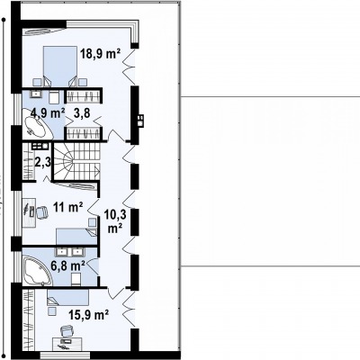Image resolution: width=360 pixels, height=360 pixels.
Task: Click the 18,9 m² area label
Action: click(x=100, y=54)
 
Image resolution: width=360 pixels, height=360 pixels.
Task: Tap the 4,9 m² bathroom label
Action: click(x=47, y=113)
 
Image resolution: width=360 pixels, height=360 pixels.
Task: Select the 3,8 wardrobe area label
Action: click(x=82, y=113)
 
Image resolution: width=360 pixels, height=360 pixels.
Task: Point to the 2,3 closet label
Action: click(x=43, y=162)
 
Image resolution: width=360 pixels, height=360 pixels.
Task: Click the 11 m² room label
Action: click(x=67, y=207)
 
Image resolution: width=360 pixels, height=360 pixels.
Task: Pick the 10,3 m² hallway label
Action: click(x=115, y=221)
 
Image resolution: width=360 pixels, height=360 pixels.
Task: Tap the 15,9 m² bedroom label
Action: click(x=88, y=315)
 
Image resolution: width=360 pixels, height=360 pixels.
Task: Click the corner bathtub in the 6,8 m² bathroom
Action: click(x=37, y=271)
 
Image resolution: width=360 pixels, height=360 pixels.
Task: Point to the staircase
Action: click(x=76, y=161)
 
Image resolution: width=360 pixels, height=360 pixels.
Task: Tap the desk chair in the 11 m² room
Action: click(x=41, y=212)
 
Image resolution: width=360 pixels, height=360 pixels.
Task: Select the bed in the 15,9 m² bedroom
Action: click(x=67, y=297)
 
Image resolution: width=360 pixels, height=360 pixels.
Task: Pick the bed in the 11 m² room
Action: click(x=76, y=237)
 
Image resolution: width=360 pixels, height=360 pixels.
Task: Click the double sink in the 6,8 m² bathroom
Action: click(x=69, y=252)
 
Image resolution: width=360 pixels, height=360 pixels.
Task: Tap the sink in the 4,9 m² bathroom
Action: click(x=37, y=94)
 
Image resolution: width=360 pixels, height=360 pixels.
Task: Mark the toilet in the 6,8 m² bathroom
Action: click(x=76, y=279)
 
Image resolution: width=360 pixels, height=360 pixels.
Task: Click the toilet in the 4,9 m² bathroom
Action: click(x=54, y=97)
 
